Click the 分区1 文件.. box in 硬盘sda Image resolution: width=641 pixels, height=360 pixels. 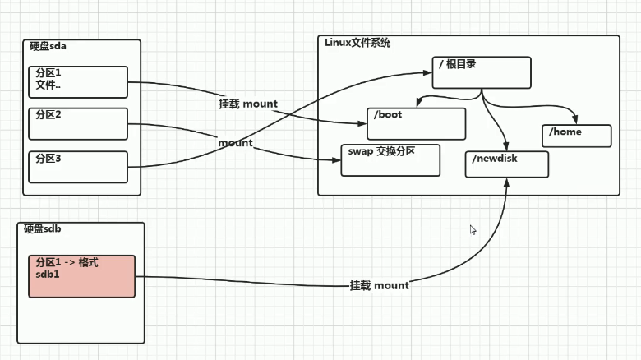coord(78,82)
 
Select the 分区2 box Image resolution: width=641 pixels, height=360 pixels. coord(78,123)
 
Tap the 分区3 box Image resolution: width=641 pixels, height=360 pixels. coord(78,167)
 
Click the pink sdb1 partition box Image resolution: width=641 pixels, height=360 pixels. coord(81,276)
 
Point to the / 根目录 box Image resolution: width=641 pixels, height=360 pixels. coord(482,72)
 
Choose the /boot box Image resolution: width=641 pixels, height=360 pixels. coord(417,123)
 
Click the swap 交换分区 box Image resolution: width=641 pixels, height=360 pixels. coord(391,159)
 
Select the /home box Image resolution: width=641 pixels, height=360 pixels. coord(577,136)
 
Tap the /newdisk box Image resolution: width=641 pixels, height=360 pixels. coord(506,164)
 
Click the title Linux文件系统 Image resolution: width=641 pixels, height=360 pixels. coord(358,42)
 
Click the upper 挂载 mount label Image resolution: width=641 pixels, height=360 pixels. coord(247,104)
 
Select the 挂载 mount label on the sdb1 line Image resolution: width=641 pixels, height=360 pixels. coord(379,285)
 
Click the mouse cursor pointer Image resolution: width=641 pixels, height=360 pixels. coord(473,230)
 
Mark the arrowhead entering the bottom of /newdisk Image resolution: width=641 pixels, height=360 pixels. coord(507,181)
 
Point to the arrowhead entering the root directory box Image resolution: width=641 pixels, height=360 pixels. coord(429,72)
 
